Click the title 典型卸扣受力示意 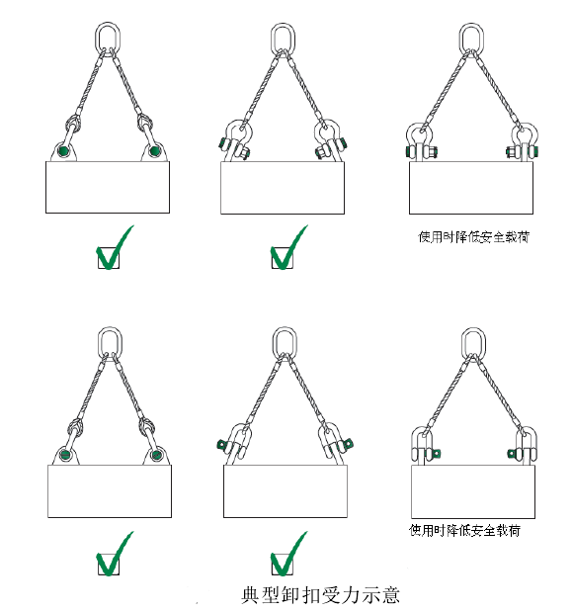(320, 596)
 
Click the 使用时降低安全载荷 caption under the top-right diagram (473, 237)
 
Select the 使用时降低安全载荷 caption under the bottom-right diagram (464, 530)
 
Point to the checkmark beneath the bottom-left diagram (114, 557)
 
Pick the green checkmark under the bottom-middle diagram (286, 557)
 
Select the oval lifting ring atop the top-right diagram (472, 38)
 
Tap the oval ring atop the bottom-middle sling (285, 343)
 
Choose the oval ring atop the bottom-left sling (108, 343)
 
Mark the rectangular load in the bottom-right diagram (472, 492)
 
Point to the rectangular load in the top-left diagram (108, 187)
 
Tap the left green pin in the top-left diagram (63, 151)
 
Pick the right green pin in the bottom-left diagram (155, 456)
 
